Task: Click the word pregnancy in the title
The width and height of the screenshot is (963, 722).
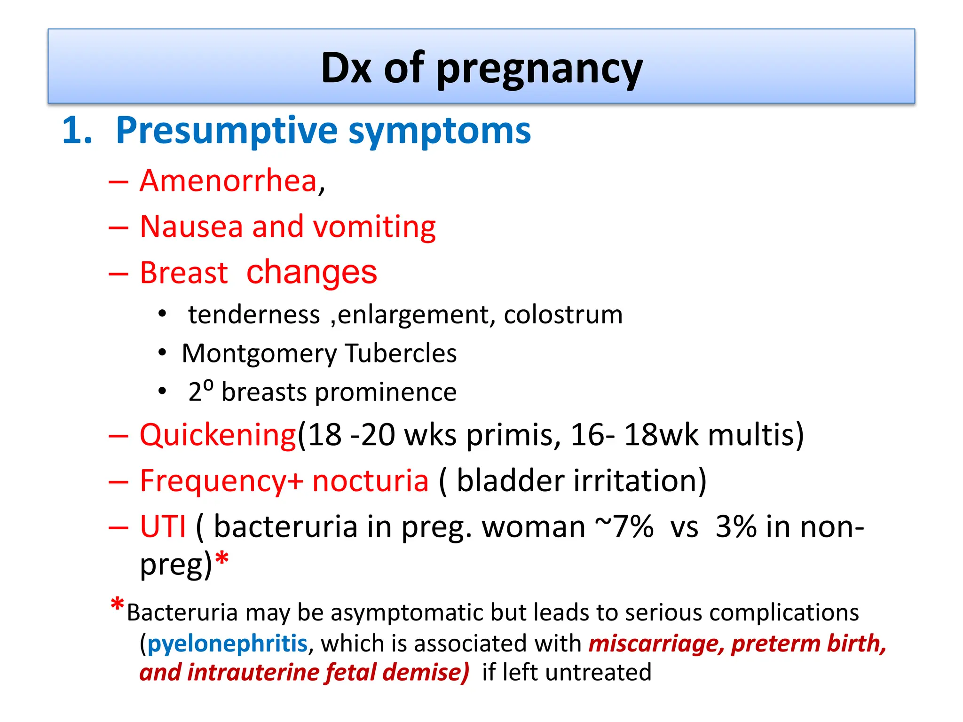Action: click(x=539, y=70)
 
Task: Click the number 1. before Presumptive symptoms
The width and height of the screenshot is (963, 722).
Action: click(x=77, y=130)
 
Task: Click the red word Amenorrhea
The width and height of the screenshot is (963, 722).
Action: click(x=229, y=181)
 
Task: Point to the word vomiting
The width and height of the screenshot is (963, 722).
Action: click(x=374, y=228)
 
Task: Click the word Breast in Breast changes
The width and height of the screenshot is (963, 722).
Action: click(x=184, y=273)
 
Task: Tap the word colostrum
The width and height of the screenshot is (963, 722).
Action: click(x=563, y=314)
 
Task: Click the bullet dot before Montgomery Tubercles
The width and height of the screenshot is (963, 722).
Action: click(x=162, y=353)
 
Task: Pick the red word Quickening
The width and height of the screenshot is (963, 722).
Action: click(x=218, y=435)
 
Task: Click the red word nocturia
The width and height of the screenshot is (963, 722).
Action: click(x=370, y=481)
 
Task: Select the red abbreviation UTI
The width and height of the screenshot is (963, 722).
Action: click(x=163, y=526)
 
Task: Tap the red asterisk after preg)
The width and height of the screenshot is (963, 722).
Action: click(x=221, y=560)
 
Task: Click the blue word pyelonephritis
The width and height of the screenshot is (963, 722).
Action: click(x=228, y=643)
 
